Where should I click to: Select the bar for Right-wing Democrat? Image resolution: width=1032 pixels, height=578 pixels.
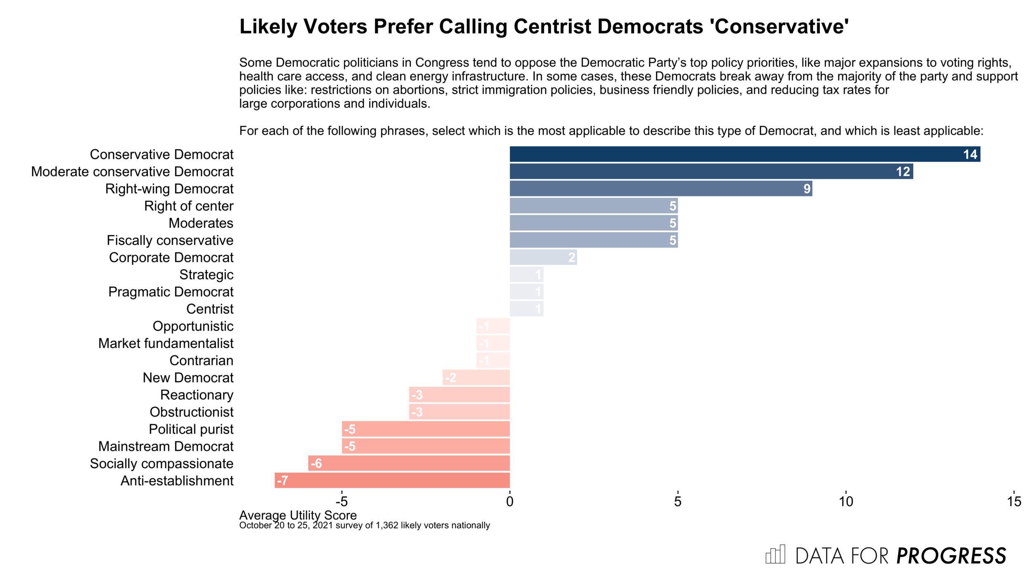[660, 189]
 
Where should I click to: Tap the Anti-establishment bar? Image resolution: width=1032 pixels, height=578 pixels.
[392, 481]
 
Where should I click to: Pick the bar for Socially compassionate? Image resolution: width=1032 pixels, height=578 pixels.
[409, 463]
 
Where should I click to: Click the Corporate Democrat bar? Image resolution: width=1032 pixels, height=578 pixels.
[543, 257]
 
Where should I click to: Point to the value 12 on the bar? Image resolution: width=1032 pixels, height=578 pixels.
[902, 172]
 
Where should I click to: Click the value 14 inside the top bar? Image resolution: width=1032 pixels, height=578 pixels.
[970, 154]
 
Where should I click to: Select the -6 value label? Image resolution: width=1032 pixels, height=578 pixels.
[316, 464]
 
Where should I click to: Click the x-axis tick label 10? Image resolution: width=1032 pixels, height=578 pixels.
[846, 502]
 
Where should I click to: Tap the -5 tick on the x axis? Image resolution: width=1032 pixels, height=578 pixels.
[341, 502]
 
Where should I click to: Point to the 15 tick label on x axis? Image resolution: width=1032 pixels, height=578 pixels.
[1014, 502]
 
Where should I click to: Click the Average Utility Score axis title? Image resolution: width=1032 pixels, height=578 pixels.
[298, 515]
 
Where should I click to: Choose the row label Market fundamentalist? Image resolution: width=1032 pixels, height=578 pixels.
[166, 343]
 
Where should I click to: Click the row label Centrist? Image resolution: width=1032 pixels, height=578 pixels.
[210, 309]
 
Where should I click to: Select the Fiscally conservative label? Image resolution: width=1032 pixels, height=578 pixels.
[170, 240]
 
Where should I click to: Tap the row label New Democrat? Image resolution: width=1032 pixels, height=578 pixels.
[188, 378]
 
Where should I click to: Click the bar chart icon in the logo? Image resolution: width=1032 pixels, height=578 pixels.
[775, 554]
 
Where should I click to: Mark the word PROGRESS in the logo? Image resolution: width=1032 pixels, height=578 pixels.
[951, 556]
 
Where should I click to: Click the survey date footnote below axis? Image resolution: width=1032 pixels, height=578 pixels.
[364, 526]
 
